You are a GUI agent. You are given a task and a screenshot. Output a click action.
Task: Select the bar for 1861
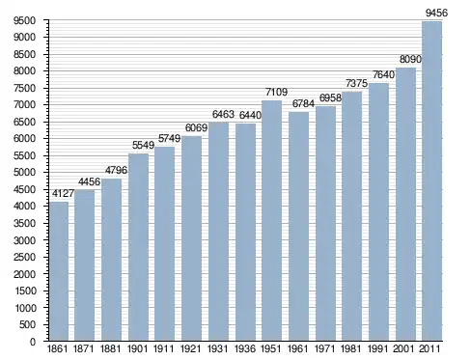point(59,271)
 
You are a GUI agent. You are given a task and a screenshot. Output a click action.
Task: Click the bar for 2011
point(431,181)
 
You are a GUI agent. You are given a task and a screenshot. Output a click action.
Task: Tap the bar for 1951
point(271,221)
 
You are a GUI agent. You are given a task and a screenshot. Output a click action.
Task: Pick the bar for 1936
point(245,233)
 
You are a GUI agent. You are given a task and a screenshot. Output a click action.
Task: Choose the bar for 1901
point(138,247)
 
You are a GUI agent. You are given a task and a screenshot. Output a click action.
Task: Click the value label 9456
point(436,13)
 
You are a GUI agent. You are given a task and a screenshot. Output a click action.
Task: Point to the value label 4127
point(63,193)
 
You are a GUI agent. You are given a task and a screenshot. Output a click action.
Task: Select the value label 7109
point(276,92)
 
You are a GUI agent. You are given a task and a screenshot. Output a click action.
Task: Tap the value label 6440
point(250,115)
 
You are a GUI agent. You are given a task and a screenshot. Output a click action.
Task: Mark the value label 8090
point(410,59)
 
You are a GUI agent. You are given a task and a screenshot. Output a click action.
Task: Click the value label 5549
point(143,145)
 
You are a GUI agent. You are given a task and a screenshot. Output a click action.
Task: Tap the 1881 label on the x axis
point(110,349)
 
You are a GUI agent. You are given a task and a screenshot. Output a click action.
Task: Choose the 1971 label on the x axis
point(324,349)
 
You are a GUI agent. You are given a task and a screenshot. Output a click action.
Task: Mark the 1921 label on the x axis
point(190,349)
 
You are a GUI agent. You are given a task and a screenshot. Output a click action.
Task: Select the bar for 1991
point(378,212)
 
